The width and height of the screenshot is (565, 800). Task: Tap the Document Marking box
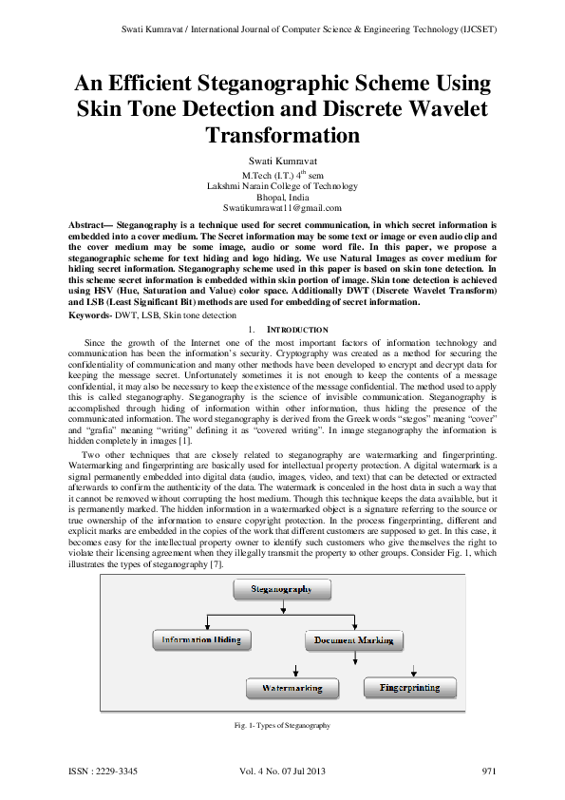pyautogui.click(x=353, y=640)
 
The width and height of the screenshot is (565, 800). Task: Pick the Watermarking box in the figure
pyautogui.click(x=291, y=687)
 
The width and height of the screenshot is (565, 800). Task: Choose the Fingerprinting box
pyautogui.click(x=412, y=685)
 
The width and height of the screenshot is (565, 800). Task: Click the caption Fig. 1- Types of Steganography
pyautogui.click(x=282, y=726)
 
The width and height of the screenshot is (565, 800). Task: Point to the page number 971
pyautogui.click(x=489, y=771)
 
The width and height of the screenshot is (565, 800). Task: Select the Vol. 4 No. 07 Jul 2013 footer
pyautogui.click(x=282, y=771)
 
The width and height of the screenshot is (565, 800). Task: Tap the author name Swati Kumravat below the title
pyautogui.click(x=282, y=163)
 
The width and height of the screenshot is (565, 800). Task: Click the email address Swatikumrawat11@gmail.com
pyautogui.click(x=282, y=207)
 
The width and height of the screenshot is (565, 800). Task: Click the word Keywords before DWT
pyautogui.click(x=89, y=314)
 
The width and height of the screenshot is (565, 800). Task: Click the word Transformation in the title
pyautogui.click(x=282, y=135)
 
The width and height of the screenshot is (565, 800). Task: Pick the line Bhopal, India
pyautogui.click(x=282, y=197)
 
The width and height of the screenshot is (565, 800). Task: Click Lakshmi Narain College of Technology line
pyautogui.click(x=282, y=186)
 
